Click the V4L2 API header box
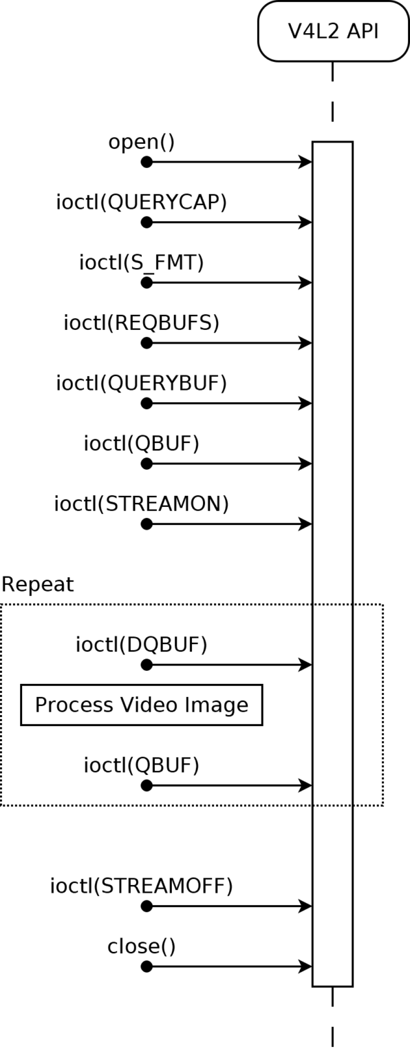pos(333,31)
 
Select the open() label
pos(142,142)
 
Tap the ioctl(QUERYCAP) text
pos(142,202)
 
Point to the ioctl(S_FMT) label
pos(142,262)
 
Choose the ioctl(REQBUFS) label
pos(142,323)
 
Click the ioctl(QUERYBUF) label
pos(142,383)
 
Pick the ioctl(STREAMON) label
pos(142,504)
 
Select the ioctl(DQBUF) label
pos(142,645)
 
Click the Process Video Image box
pos(142,705)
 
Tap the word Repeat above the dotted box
pos(38,585)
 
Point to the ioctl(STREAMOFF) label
pos(142,886)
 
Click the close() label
pos(142,946)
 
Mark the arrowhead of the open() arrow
pos(305,162)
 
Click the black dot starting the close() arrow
pos(147,966)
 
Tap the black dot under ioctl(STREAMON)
pos(147,523)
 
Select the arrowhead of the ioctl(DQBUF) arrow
pos(305,665)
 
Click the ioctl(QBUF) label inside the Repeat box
pos(142,765)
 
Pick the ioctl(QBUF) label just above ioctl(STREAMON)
pos(142,444)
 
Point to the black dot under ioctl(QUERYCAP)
pos(147,222)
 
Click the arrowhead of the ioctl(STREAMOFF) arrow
pos(305,906)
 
